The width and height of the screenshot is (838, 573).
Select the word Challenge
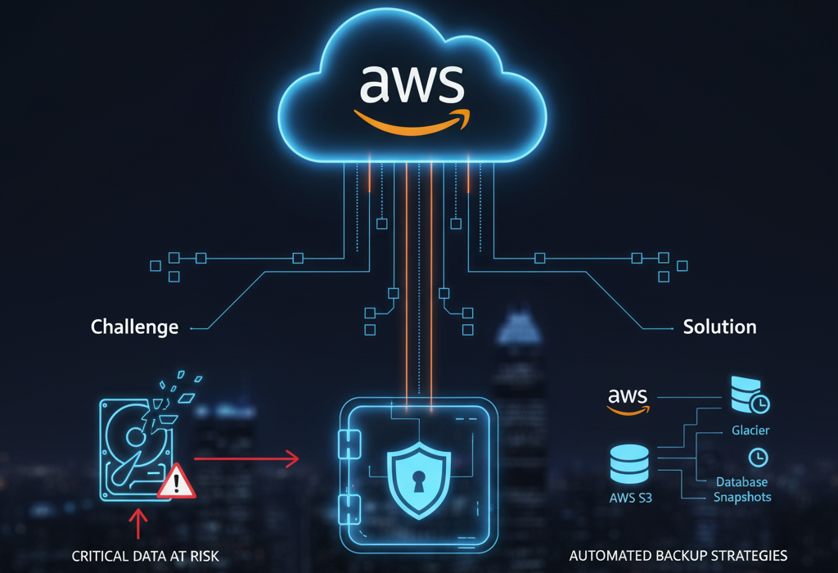point(134,327)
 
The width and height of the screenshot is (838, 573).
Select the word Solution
point(719,327)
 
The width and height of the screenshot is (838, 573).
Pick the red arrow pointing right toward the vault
point(246,459)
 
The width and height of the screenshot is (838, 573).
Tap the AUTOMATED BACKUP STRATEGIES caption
point(678,556)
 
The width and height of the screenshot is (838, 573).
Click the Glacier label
point(750,430)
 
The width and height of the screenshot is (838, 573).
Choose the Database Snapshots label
point(741,490)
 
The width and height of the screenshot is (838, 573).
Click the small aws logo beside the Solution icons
point(628,399)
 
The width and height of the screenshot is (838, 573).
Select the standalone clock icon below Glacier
point(757,456)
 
